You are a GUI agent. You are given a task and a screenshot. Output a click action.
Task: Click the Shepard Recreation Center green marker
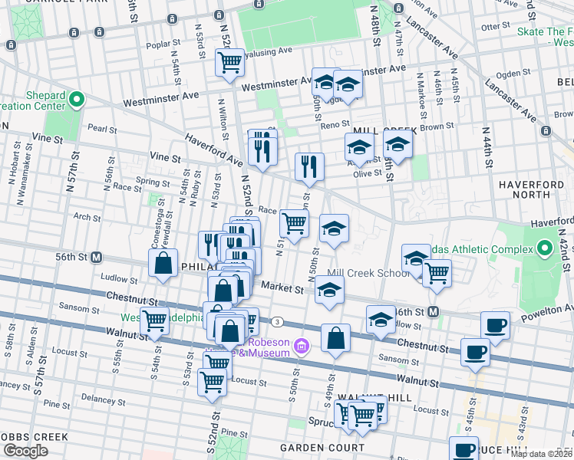[x=76, y=100]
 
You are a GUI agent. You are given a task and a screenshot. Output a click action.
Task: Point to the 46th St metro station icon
[x=433, y=311]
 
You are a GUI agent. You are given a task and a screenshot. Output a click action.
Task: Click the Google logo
[x=25, y=451]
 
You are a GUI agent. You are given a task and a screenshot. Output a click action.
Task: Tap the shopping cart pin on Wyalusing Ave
[x=229, y=64]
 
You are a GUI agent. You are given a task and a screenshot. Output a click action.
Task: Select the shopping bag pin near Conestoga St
[x=163, y=264]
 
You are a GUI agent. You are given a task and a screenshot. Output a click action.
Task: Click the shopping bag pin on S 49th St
[x=336, y=338]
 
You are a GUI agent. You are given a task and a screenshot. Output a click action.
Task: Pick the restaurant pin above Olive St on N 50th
[x=309, y=166]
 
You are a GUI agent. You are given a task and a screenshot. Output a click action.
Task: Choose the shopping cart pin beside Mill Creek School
[x=437, y=273]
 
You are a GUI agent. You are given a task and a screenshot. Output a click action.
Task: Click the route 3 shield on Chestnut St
[x=276, y=321]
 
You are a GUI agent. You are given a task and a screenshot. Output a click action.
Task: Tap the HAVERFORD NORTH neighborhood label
[x=532, y=185]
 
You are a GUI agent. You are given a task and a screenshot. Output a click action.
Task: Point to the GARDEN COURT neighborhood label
[x=322, y=447]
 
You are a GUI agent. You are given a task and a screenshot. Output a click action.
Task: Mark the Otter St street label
[x=490, y=27]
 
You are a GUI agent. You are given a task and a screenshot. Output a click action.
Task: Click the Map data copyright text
[x=542, y=454]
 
